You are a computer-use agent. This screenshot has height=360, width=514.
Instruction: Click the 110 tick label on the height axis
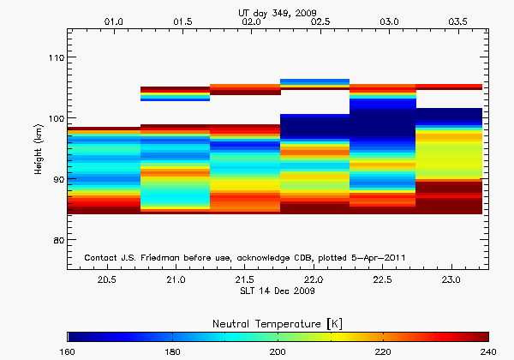pyautogui.click(x=54, y=57)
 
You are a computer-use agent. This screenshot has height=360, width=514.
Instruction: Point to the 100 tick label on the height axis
pyautogui.click(x=54, y=118)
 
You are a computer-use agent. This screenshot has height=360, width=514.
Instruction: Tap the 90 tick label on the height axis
pyautogui.click(x=56, y=179)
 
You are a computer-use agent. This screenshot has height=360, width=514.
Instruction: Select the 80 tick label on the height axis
pyautogui.click(x=56, y=240)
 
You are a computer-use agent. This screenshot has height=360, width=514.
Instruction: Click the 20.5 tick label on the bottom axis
pyautogui.click(x=107, y=280)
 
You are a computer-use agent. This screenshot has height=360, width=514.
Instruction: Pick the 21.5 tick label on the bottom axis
pyautogui.click(x=244, y=280)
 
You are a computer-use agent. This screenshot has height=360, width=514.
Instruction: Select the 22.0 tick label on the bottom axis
pyautogui.click(x=314, y=280)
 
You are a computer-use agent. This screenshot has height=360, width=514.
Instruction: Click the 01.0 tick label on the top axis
pyautogui.click(x=113, y=20)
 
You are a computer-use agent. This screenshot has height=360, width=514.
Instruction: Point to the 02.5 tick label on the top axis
pyautogui.click(x=320, y=20)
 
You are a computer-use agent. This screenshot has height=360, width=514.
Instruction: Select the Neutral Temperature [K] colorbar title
pyautogui.click(x=278, y=322)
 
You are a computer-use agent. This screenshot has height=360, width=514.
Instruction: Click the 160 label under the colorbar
pyautogui.click(x=68, y=351)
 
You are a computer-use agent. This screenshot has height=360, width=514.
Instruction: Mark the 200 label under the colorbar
pyautogui.click(x=278, y=351)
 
